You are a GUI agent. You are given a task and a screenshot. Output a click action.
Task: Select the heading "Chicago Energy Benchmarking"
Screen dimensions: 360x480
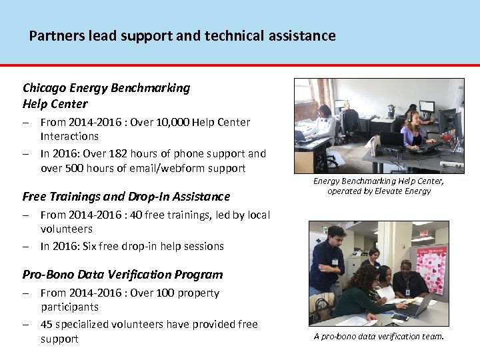point(106,88)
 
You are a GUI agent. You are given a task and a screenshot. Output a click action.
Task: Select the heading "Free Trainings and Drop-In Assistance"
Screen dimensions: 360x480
point(126,197)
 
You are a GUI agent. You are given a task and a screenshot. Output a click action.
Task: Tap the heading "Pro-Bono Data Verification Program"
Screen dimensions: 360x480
point(123,275)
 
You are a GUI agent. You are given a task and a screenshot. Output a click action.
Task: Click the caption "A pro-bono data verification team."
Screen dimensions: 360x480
point(379,337)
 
